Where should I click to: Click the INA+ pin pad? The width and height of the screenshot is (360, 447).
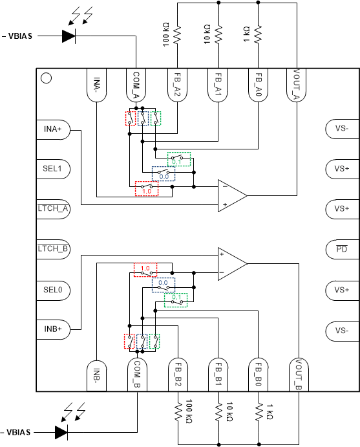coord(52,129)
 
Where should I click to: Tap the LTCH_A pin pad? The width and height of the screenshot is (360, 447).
coord(52,209)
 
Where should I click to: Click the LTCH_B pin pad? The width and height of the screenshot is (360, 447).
coord(52,249)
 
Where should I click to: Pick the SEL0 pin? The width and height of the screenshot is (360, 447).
coord(52,289)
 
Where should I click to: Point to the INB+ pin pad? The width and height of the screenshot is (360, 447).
coord(52,329)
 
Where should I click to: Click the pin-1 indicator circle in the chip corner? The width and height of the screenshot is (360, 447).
coord(46,79)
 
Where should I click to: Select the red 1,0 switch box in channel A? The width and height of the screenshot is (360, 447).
coord(147,191)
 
